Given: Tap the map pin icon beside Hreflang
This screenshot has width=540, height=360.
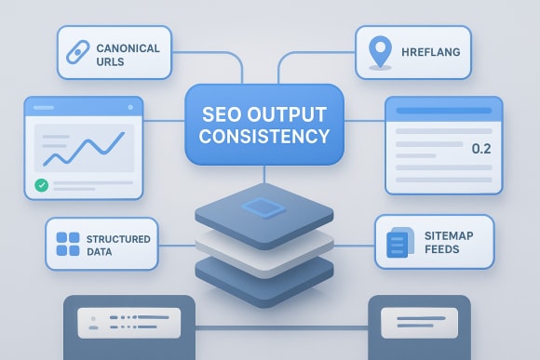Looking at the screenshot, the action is [x=378, y=52].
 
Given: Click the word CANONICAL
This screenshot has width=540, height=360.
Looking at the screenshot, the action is [x=127, y=47].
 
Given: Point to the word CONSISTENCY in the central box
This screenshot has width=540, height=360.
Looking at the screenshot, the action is [x=264, y=136].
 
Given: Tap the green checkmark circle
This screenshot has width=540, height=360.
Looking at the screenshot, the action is [x=41, y=185].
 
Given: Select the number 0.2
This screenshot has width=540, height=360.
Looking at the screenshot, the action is [x=481, y=149].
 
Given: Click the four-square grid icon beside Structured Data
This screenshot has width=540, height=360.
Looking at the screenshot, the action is [x=68, y=245].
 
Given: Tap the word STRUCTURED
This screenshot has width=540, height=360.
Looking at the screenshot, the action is [x=120, y=239].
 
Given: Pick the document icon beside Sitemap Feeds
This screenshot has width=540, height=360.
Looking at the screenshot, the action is [x=397, y=244].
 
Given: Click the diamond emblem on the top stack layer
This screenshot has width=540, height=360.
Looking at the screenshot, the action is [x=264, y=207].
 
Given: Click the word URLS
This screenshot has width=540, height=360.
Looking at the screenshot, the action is [x=111, y=60].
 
